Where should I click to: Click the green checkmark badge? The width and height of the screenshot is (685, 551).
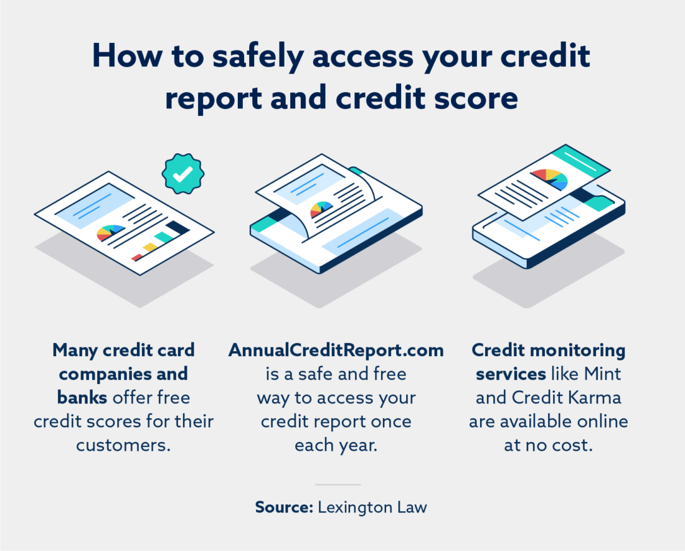[182, 175]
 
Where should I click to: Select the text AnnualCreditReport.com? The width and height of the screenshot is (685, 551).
[336, 351]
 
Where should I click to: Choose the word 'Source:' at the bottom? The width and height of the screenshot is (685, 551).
[283, 507]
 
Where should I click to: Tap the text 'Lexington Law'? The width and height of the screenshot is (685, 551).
[372, 507]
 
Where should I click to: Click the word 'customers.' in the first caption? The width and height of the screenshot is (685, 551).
[123, 445]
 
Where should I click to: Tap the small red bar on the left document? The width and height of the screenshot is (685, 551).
[136, 257]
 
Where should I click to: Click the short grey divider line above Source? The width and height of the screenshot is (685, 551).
[338, 484]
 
